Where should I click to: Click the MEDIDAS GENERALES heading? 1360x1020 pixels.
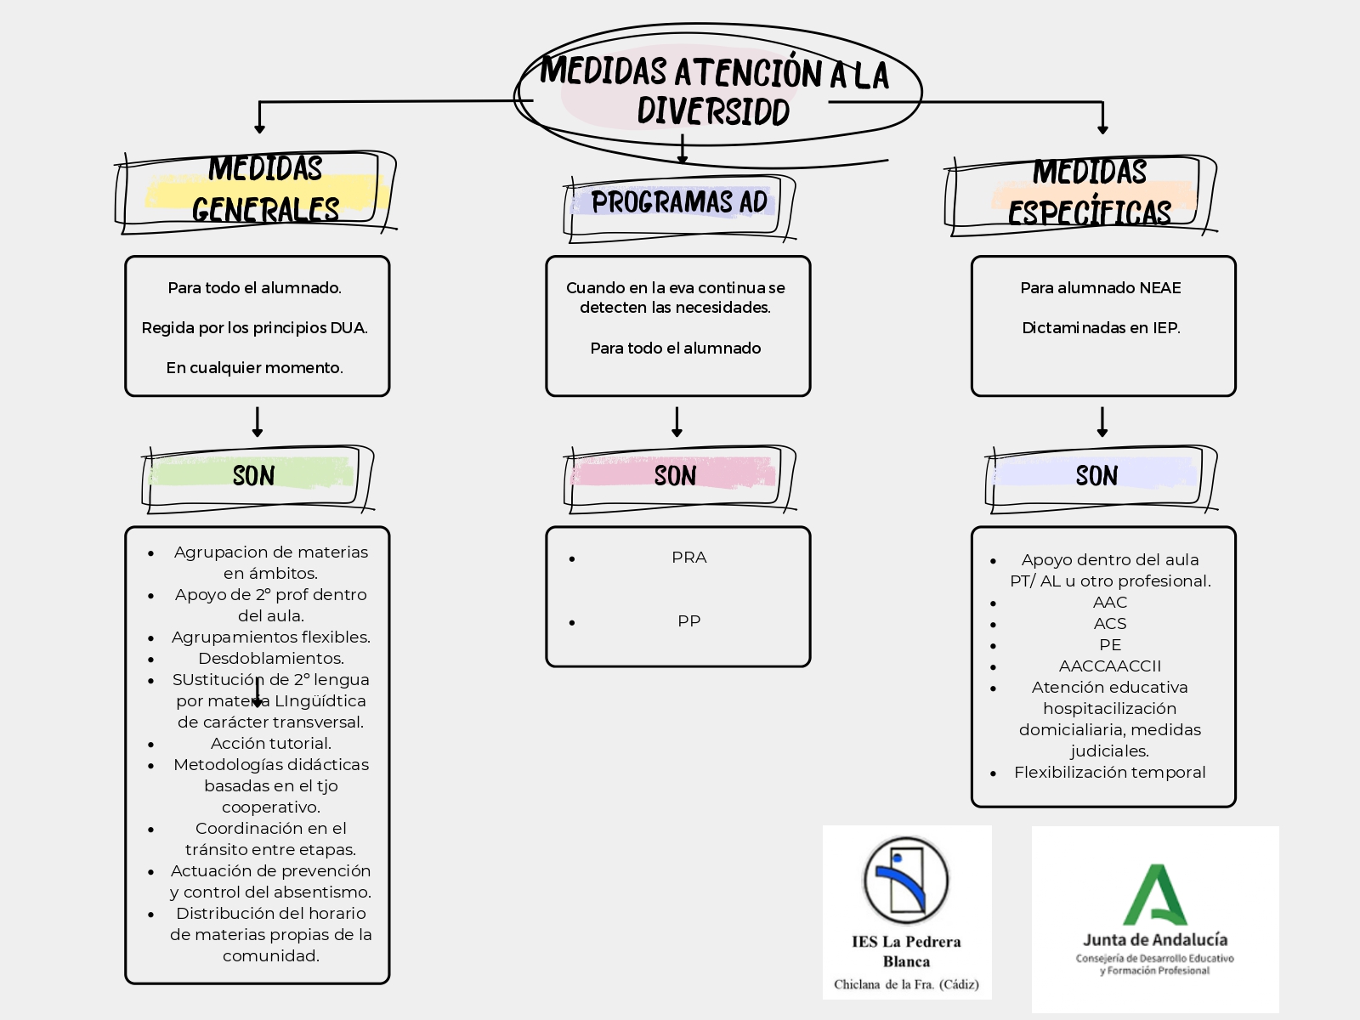coord(264,189)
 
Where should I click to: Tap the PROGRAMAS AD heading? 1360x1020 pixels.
coord(679,202)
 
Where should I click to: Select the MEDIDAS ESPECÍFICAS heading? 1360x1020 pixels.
coord(1090,192)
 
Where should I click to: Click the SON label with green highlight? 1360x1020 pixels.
coord(253,475)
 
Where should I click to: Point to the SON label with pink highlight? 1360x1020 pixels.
coord(675,475)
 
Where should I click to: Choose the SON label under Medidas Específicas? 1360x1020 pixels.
coord(1096,475)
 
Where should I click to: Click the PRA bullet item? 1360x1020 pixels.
coord(688,558)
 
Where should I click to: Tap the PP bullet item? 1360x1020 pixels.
coord(688,621)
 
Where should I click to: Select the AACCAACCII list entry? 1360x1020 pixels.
coord(1109,666)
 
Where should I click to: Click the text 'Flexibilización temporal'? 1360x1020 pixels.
coord(1109,773)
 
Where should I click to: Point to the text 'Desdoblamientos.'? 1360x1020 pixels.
coord(270,659)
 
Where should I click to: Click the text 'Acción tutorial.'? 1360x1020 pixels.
coord(270,744)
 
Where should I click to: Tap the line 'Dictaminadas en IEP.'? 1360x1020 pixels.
coord(1101,328)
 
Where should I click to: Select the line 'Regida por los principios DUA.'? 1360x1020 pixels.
coord(254,328)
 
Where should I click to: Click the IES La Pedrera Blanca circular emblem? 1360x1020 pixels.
coord(905,880)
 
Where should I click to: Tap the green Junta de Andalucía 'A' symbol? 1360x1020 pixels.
coord(1155,896)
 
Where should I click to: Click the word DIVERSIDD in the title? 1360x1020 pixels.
coord(713,111)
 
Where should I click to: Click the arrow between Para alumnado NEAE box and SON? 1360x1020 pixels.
coord(1102,422)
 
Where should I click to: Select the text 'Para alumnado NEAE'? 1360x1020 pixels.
coord(1101,288)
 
